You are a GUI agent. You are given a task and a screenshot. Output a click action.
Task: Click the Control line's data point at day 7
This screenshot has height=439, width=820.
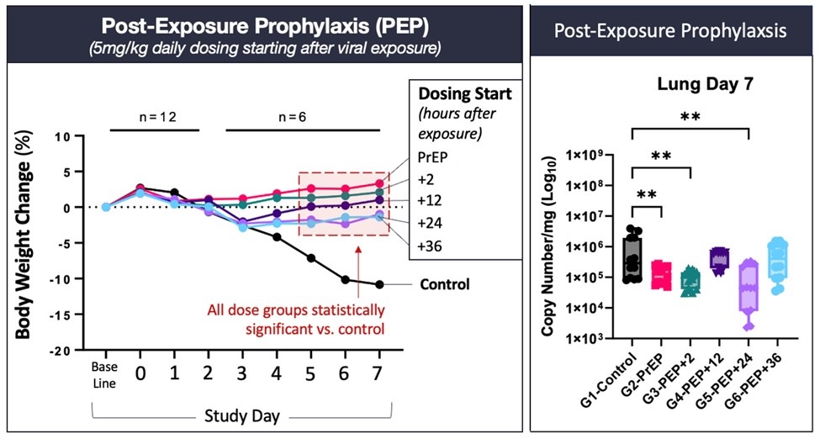[x=379, y=284]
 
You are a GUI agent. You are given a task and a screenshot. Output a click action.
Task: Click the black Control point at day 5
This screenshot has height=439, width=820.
[x=311, y=258]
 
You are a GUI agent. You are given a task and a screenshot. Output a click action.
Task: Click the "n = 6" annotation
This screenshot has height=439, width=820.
[x=303, y=115]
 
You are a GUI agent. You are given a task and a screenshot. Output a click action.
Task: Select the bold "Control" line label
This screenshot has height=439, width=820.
[x=445, y=284]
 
